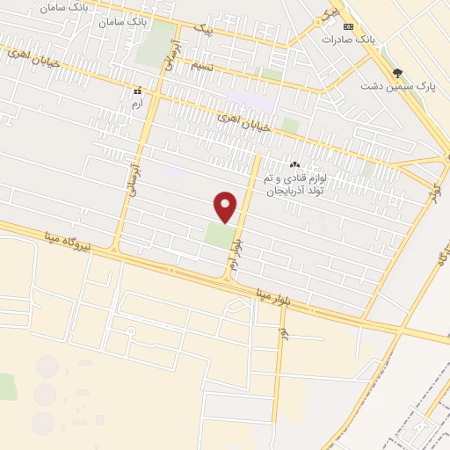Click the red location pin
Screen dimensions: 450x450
(226, 207)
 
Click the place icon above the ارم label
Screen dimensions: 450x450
(137, 91)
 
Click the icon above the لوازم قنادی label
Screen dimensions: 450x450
(294, 164)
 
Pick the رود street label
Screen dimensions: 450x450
(283, 334)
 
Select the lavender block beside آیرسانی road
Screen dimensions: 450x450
(171, 173)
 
